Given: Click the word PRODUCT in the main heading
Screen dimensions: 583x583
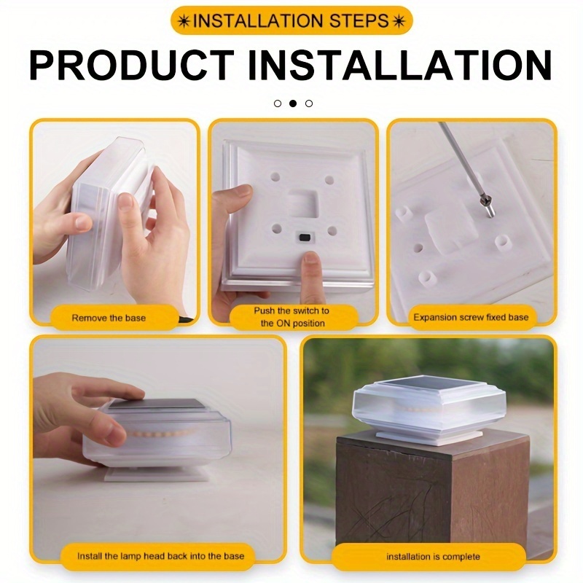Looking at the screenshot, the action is pyautogui.click(x=131, y=65).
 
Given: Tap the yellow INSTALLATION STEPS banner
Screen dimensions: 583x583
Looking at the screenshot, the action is pyautogui.click(x=291, y=21).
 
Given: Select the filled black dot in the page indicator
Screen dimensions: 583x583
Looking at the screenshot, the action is pyautogui.click(x=293, y=103).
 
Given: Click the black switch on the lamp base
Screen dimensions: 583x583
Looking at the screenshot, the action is pyautogui.click(x=305, y=237).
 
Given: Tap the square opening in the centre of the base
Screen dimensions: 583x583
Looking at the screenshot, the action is pyautogui.click(x=303, y=204).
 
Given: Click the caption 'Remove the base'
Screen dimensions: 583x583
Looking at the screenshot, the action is pyautogui.click(x=109, y=318).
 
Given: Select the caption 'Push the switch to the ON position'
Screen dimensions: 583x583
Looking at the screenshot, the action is pyautogui.click(x=292, y=317).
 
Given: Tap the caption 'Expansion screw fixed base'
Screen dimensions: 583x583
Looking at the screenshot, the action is pyautogui.click(x=471, y=317).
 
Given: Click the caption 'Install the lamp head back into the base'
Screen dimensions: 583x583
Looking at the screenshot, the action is pyautogui.click(x=160, y=556).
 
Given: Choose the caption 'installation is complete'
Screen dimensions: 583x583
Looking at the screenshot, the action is pyautogui.click(x=433, y=557).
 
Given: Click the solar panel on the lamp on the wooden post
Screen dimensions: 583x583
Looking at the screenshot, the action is pyautogui.click(x=426, y=385).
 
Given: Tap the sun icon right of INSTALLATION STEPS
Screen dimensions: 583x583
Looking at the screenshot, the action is pyautogui.click(x=398, y=21).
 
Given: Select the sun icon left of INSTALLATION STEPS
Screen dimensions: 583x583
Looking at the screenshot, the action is pyautogui.click(x=184, y=21).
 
